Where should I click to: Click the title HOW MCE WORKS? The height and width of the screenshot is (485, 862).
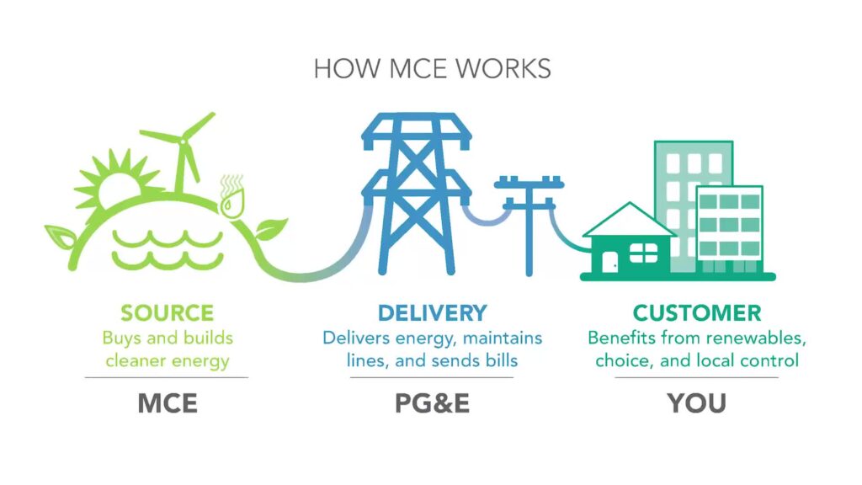tap(432, 69)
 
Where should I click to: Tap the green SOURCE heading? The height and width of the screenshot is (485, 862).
tap(168, 313)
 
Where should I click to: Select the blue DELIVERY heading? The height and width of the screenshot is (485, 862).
tap(432, 313)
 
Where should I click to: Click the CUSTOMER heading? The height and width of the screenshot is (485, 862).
tap(696, 313)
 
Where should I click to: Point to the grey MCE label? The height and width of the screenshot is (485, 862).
tap(168, 403)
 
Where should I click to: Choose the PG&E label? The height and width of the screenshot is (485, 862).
tap(432, 403)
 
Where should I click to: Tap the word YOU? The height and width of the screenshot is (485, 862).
tap(696, 403)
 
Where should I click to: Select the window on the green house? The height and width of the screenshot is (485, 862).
tap(643, 253)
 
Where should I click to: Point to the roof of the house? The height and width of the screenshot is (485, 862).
tap(630, 220)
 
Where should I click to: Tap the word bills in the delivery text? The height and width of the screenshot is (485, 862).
tap(502, 360)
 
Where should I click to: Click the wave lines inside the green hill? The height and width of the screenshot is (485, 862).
tap(168, 250)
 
